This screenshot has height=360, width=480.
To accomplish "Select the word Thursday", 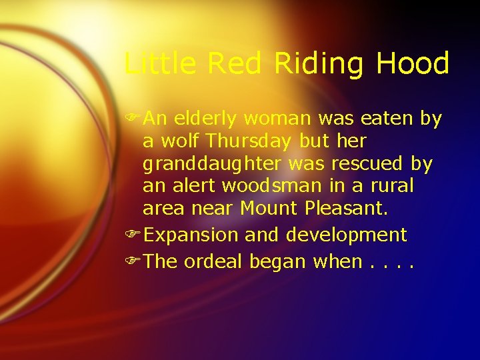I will [249, 141].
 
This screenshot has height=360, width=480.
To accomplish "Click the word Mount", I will [269, 209].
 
